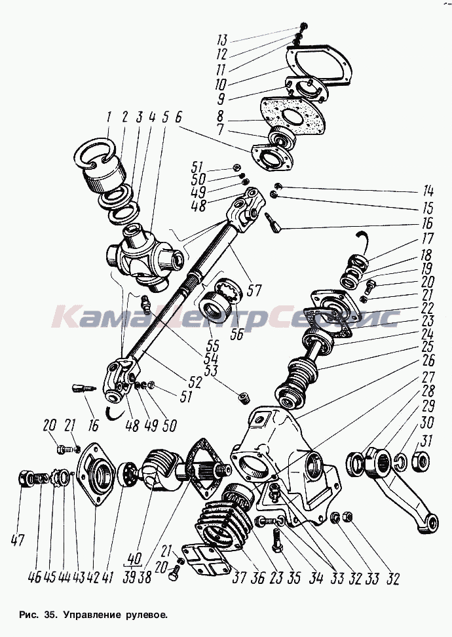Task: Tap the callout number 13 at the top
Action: tap(221, 40)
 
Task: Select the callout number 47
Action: tap(18, 541)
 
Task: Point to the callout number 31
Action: tap(427, 441)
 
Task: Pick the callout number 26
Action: tap(428, 360)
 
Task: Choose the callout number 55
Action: tap(213, 346)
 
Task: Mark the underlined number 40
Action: tap(134, 559)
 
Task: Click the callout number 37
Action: tap(240, 577)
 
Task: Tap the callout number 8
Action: tap(220, 116)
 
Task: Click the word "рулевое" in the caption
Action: tap(144, 615)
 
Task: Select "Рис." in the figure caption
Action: tap(28, 615)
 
